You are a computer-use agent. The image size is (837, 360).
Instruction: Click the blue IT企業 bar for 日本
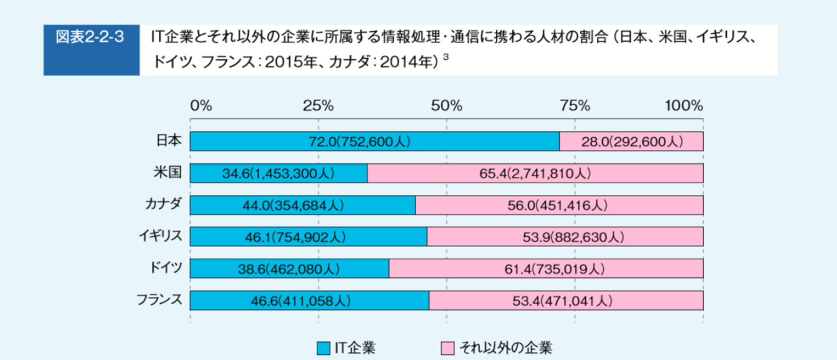point(374,141)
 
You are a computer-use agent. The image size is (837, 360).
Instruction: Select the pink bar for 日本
point(631,141)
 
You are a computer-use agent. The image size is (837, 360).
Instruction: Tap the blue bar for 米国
point(278,173)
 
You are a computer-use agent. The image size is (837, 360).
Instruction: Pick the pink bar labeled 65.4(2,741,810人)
point(535,173)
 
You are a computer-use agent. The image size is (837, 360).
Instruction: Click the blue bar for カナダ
point(302,205)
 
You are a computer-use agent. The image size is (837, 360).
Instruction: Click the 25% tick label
point(318,106)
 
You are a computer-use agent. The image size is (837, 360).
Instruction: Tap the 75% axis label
point(575,106)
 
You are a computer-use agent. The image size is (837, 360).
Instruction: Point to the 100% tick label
point(684,106)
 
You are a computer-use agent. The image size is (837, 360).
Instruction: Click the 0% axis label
point(201,106)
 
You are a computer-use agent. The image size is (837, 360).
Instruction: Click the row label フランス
point(159,300)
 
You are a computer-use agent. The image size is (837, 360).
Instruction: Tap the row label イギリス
point(160,236)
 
